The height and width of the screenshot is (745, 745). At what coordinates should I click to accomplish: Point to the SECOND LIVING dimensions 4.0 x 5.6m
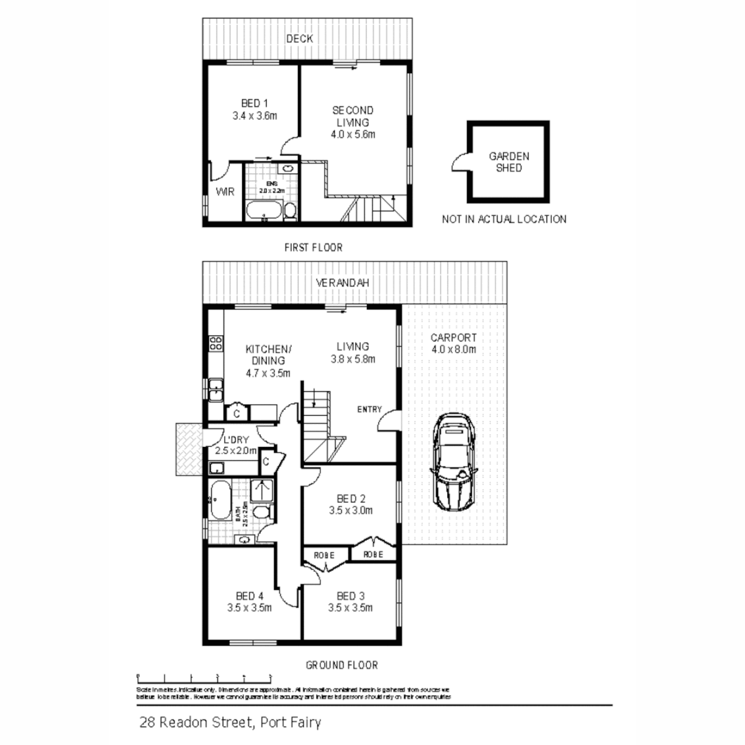click(352, 135)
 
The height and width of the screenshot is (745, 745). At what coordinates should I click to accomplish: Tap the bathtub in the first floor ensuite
click(264, 210)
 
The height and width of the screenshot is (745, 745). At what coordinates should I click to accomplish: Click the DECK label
click(300, 39)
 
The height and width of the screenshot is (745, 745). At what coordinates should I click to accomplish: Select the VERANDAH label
click(342, 283)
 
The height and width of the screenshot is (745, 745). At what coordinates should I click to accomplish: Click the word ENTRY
click(369, 409)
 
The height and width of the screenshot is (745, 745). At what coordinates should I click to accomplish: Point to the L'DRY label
click(232, 439)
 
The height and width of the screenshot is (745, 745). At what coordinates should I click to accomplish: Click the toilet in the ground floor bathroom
click(261, 512)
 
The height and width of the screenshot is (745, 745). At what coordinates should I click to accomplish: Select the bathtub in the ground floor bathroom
click(221, 501)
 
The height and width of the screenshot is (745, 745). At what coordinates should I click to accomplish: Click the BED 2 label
click(350, 499)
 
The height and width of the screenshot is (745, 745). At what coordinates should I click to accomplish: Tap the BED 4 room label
click(249, 596)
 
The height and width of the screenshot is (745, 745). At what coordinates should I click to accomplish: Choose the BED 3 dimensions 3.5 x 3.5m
click(350, 608)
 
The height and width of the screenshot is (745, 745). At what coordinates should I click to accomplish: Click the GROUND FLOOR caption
click(341, 665)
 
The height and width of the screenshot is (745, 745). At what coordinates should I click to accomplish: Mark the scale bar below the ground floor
click(204, 676)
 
